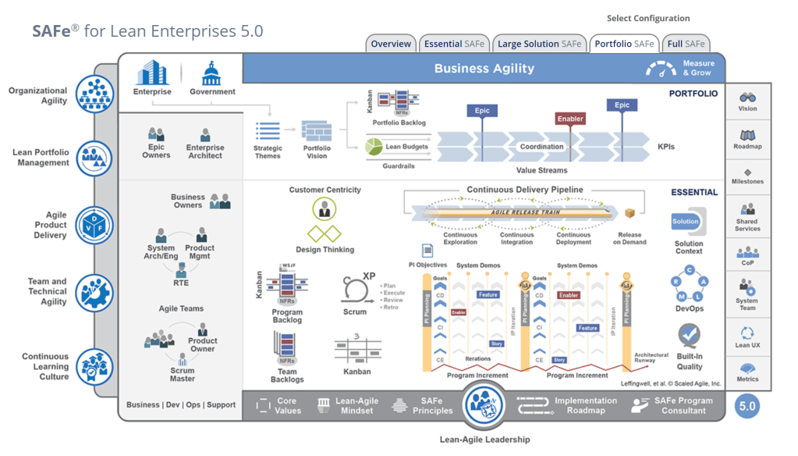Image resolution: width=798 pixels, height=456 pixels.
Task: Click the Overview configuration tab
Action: click(x=391, y=45)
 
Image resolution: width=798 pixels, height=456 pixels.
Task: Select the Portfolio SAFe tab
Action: click(x=624, y=45)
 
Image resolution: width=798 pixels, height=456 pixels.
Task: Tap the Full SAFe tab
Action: click(x=686, y=45)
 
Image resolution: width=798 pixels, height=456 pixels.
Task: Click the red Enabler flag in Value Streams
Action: click(x=570, y=119)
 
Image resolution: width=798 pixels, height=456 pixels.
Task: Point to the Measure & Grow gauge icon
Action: click(x=661, y=69)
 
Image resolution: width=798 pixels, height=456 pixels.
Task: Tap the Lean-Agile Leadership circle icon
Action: click(x=484, y=405)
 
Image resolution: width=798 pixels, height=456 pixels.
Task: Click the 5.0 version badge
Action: click(x=747, y=406)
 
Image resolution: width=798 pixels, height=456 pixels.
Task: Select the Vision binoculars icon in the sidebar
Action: click(x=747, y=98)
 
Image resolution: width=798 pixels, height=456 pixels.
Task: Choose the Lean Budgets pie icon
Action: click(x=374, y=146)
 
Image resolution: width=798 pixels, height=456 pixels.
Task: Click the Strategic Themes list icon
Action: click(x=268, y=131)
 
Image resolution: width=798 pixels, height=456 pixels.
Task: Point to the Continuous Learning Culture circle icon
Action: click(x=95, y=366)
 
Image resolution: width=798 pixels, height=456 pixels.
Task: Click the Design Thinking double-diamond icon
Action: click(x=325, y=233)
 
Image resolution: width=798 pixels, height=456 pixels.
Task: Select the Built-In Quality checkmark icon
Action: click(x=689, y=337)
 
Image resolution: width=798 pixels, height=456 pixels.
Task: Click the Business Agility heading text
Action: click(x=484, y=69)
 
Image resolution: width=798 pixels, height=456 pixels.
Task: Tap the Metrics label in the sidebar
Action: click(x=747, y=379)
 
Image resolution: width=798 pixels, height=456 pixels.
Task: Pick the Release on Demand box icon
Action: click(x=630, y=213)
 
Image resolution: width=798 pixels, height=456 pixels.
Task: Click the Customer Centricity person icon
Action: click(x=325, y=208)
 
